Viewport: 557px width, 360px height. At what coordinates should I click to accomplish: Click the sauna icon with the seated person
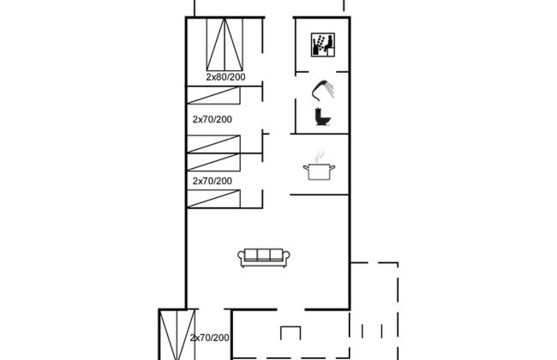coord(323,45)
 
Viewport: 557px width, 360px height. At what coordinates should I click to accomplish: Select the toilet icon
coord(323,117)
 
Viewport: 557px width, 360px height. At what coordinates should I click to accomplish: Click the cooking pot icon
coord(319,171)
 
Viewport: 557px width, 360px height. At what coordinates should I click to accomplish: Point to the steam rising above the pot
coord(320,156)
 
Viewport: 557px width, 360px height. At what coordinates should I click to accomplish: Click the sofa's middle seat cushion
coord(264,255)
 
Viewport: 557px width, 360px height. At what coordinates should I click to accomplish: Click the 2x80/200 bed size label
coord(225,77)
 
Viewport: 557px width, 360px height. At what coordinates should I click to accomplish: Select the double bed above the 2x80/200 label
coord(225,45)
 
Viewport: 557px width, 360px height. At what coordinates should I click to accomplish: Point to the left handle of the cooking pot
coord(306,167)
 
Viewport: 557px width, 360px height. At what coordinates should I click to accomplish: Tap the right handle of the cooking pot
coord(332,167)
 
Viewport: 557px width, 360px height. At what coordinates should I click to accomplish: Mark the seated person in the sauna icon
coord(328,44)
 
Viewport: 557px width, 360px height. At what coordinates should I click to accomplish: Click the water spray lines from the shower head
coord(331,90)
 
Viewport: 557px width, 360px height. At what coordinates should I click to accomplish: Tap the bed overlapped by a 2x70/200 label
coord(177,335)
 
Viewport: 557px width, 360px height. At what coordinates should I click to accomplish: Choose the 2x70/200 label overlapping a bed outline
coord(209,338)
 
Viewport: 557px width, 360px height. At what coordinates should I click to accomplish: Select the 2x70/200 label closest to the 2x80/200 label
coord(212,119)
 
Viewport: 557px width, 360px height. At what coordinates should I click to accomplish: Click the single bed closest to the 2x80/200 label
coord(213,95)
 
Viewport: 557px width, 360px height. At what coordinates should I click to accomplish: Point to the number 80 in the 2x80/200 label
coord(219,77)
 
